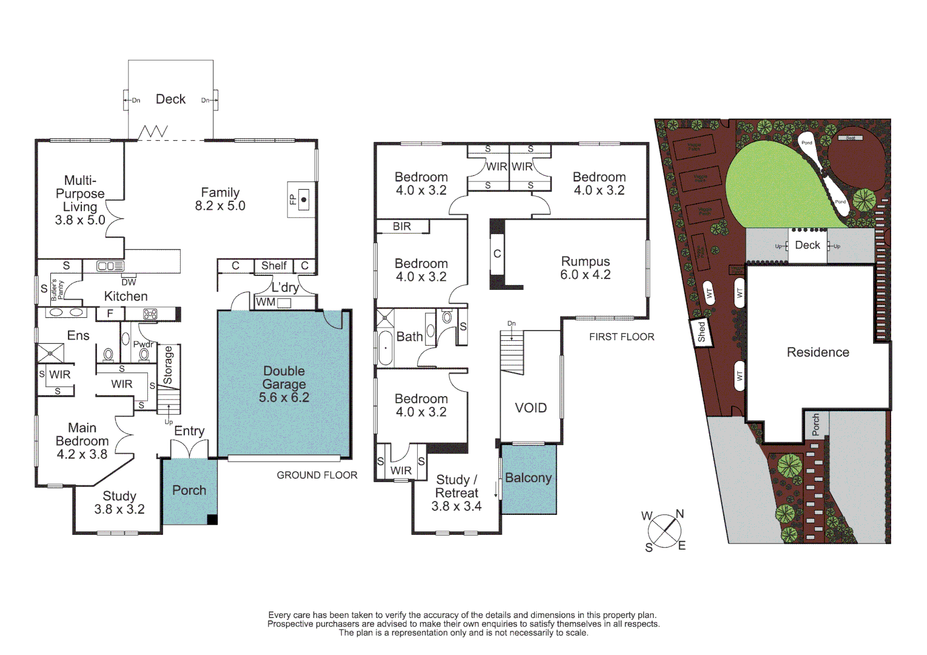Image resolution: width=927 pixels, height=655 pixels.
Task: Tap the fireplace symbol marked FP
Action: coord(304,199)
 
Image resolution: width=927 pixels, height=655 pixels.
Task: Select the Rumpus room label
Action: coord(585,261)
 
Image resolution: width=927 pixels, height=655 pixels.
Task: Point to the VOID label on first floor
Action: coord(530,408)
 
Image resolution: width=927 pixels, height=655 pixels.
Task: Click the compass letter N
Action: coord(680,514)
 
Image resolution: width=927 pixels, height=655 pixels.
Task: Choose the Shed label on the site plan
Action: coord(701,332)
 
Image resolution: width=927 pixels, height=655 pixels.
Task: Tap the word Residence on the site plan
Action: coord(818,352)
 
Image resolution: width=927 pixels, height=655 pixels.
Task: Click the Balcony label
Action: coord(528,478)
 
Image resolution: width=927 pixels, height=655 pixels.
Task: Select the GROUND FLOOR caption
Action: coord(317,475)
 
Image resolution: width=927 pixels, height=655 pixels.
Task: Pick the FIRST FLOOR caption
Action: coord(621,337)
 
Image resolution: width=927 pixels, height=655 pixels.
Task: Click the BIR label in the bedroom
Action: coord(402,226)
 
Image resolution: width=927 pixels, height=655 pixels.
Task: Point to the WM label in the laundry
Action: coord(266,302)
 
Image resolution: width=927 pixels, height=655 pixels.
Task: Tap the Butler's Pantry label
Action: coord(56,290)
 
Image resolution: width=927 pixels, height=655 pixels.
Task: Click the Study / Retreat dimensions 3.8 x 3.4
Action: coord(456,506)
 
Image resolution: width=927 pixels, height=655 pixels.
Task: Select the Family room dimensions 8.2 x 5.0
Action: coord(220,206)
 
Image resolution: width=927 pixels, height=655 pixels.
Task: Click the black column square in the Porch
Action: coord(212,519)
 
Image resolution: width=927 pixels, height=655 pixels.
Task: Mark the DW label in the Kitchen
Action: coord(129,282)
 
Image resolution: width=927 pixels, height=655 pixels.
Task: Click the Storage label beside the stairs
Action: coord(168,365)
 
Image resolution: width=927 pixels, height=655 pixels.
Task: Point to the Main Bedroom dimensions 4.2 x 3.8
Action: coord(82,454)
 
